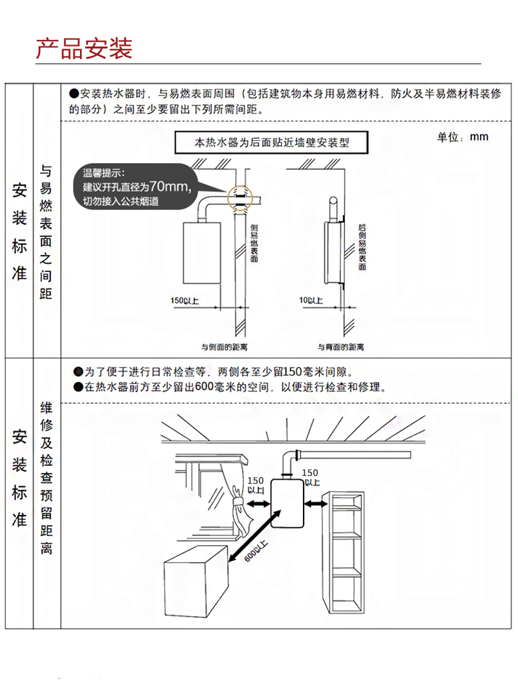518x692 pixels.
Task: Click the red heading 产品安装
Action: [x=84, y=48]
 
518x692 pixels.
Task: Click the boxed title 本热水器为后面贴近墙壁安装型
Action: [x=271, y=142]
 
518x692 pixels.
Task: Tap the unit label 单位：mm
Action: [x=463, y=137]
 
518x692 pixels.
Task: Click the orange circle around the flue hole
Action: [x=239, y=196]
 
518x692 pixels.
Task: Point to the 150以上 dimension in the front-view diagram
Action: [x=185, y=301]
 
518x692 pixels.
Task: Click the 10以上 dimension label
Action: [x=310, y=301]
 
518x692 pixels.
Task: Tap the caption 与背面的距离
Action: [x=341, y=347]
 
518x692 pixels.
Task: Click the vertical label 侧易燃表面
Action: [x=254, y=242]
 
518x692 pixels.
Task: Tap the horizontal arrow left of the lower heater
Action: [x=256, y=503]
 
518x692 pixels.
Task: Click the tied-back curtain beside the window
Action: [x=234, y=501]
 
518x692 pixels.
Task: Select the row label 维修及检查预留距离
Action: [x=46, y=478]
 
